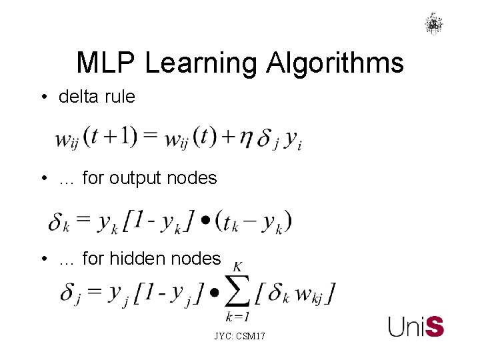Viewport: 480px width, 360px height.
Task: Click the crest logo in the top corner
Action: [434, 24]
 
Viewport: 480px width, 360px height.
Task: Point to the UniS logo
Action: [416, 326]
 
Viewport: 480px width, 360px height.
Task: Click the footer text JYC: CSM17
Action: [239, 337]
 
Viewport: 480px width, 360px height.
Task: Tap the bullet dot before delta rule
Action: [43, 97]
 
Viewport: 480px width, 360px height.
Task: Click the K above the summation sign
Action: [237, 267]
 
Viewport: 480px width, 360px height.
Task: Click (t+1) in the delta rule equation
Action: [114, 137]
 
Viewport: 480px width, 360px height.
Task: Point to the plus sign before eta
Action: [228, 138]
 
